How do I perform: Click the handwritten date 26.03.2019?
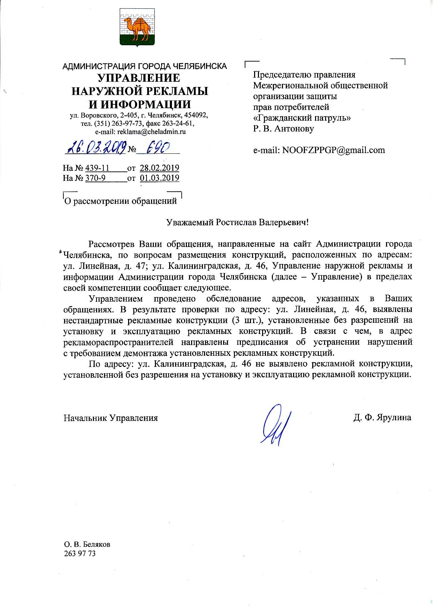click(x=96, y=149)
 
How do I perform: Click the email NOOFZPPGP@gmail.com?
click(x=333, y=150)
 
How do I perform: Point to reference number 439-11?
click(x=97, y=168)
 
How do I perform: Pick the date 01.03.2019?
click(x=159, y=178)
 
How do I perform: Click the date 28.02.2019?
click(x=159, y=168)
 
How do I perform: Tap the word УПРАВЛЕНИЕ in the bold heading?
click(x=138, y=78)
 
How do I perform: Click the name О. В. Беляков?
click(x=87, y=544)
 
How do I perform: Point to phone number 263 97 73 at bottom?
click(x=80, y=553)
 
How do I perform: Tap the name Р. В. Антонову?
click(x=283, y=129)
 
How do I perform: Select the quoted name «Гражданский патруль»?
click(x=302, y=118)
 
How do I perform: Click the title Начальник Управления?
click(x=111, y=418)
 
